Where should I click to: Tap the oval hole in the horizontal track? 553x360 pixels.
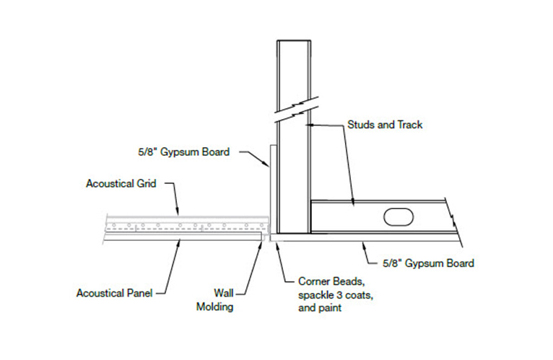pos(398,216)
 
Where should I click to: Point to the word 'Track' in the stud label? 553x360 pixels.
pos(409,124)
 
